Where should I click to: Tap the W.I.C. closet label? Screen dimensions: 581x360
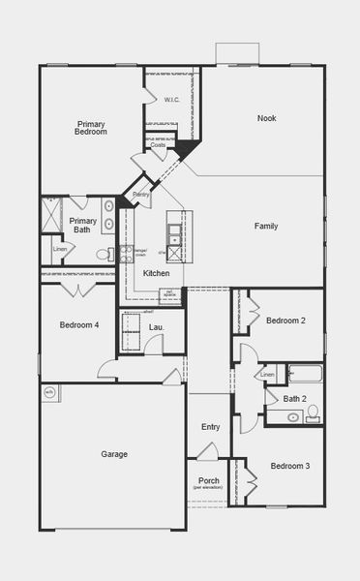(x=171, y=99)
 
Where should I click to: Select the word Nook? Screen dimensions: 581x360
(x=266, y=118)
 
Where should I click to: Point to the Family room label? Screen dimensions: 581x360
(x=266, y=226)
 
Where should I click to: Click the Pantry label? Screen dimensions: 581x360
(x=141, y=195)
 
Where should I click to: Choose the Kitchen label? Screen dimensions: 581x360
(x=156, y=273)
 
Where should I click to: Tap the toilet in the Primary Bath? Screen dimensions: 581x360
(x=104, y=255)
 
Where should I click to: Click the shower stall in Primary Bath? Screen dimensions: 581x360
(x=51, y=213)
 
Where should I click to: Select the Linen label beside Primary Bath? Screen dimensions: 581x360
(x=60, y=249)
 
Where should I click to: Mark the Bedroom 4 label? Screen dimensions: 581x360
(x=78, y=324)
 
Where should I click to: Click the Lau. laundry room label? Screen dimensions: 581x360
(x=155, y=327)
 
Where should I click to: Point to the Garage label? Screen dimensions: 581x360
(x=114, y=453)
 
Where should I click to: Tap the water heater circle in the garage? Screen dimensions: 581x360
(x=49, y=392)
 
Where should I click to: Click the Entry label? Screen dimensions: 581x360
(x=210, y=427)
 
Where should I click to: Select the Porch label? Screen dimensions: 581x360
(x=208, y=480)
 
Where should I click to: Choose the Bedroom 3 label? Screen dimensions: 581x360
(x=290, y=466)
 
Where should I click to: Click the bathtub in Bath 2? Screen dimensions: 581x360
(x=305, y=374)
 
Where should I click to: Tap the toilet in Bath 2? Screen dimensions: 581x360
(x=312, y=413)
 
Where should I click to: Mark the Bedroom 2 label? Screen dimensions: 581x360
(x=285, y=321)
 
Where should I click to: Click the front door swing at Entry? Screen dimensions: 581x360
(x=206, y=451)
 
